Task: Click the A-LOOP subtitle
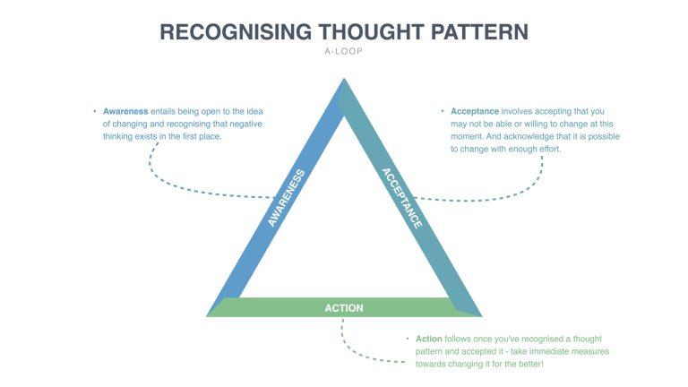(344, 52)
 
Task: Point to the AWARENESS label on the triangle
(287, 198)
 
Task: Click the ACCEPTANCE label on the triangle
(401, 198)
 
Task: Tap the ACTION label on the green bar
(344, 308)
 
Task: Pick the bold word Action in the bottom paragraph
(429, 340)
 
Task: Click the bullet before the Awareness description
(95, 111)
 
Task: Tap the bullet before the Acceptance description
(443, 111)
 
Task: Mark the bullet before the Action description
(408, 340)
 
